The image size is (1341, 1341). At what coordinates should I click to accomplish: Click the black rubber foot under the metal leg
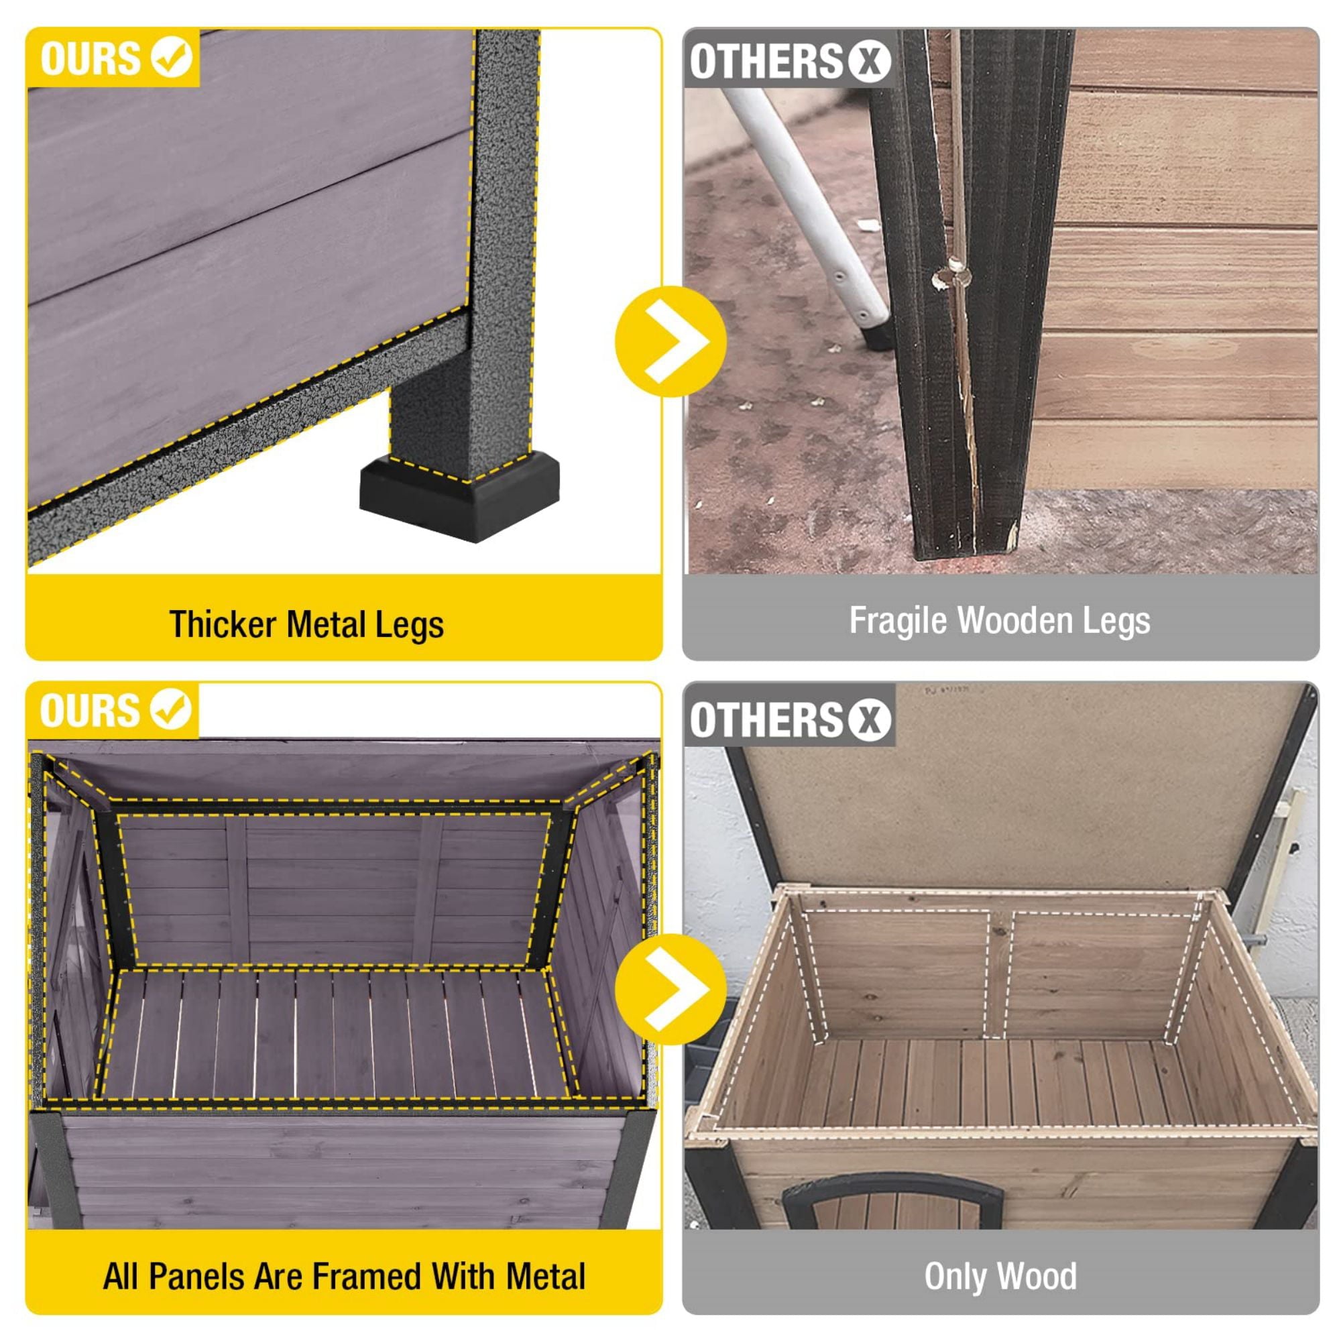pos(459,493)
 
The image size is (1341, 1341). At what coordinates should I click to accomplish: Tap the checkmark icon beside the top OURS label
pos(172,57)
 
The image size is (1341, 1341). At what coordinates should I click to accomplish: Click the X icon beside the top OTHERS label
pos(868,61)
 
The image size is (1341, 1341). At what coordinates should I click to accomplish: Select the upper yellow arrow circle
pos(670,341)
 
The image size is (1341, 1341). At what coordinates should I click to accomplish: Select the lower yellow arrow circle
pos(670,989)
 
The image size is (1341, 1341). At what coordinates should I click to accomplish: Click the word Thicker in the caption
pos(223,624)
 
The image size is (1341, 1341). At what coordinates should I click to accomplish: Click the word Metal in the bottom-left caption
pos(546,1277)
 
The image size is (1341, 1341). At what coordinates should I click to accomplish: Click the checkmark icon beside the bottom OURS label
pos(171,709)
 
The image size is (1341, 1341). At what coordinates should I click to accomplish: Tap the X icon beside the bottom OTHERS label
pos(868,719)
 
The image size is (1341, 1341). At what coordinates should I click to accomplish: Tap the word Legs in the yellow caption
pos(409,624)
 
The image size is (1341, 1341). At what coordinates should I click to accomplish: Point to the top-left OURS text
pos(91,58)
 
